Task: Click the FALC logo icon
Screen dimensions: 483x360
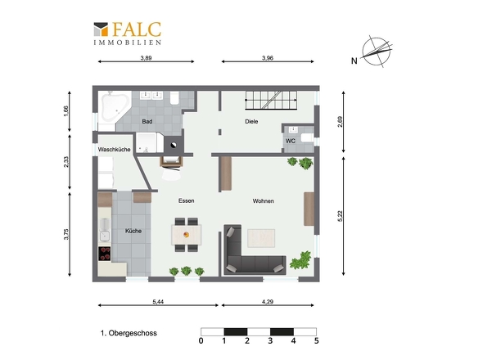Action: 101,29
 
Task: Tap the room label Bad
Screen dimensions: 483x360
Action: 147,121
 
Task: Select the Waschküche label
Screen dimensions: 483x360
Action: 115,150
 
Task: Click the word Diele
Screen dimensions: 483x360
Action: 251,121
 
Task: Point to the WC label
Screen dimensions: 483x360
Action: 290,141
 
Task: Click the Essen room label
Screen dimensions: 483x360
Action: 187,200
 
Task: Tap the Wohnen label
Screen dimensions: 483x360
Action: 263,200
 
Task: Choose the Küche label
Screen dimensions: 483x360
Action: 133,231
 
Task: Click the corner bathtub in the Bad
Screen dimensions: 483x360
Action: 115,107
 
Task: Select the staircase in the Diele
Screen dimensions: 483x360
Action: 271,100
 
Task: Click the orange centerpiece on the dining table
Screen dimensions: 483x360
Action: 187,235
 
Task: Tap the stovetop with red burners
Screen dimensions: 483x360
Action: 105,254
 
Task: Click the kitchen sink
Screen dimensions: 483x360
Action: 105,230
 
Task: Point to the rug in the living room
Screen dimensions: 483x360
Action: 261,238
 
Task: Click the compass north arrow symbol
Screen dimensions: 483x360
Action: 377,52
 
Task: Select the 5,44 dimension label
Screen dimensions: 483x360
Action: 158,302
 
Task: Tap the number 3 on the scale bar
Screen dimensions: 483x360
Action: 270,341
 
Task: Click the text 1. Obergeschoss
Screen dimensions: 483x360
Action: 129,333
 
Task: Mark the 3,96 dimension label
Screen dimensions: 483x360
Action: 268,58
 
